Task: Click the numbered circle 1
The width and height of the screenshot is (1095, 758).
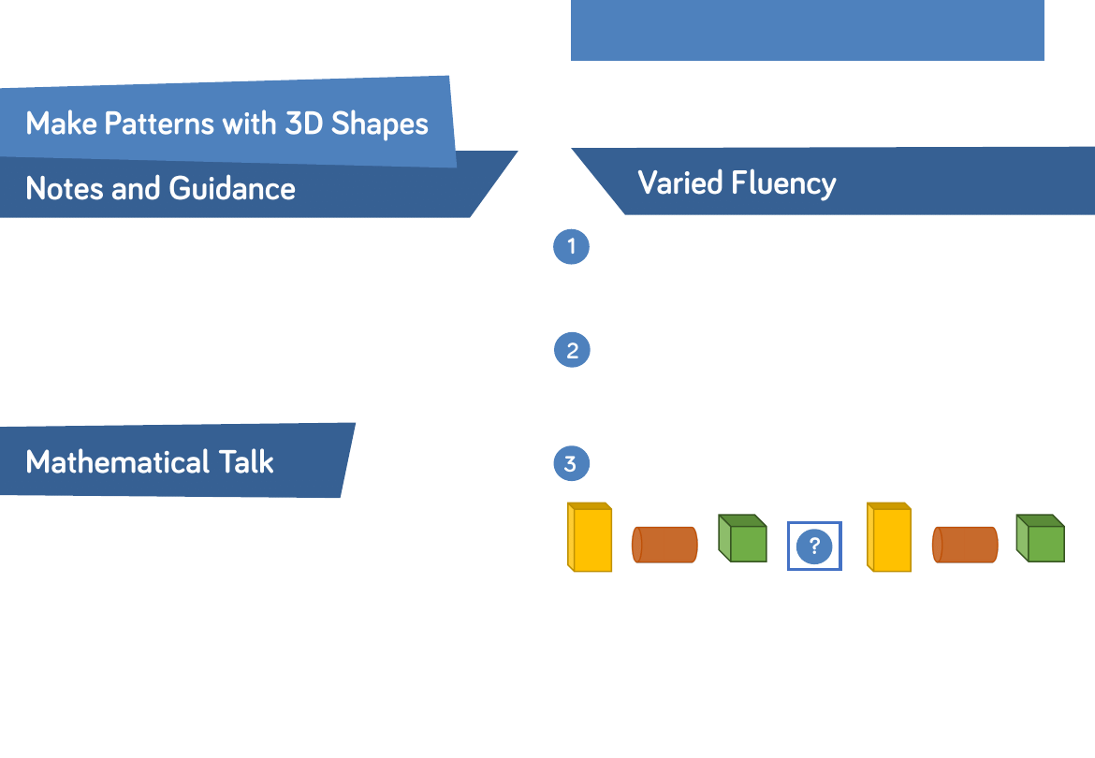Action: coord(571,247)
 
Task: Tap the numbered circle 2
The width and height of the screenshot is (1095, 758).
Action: coord(572,351)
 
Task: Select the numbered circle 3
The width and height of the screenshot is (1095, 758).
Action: coord(571,463)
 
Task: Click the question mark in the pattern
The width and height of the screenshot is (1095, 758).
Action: coord(814,546)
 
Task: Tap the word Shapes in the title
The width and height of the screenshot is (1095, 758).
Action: coord(381,124)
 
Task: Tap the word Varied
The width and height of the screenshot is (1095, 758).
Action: coord(681,182)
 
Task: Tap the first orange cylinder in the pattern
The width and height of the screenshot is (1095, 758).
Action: coord(665,545)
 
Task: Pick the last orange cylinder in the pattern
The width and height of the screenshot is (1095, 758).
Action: coord(965,545)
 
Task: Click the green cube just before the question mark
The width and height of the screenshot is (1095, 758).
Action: coord(742,539)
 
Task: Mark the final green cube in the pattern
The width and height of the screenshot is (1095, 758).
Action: coord(1041,539)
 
